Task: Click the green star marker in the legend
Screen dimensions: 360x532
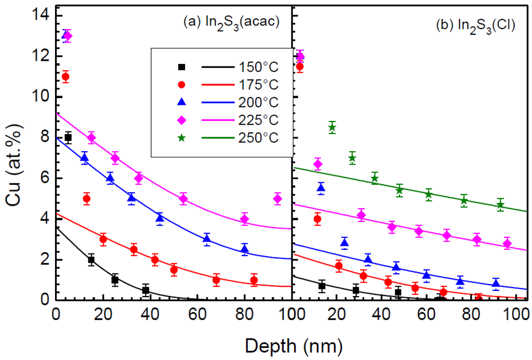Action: point(182,138)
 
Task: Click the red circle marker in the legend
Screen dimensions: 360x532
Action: point(182,85)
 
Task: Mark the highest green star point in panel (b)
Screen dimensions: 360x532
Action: point(332,127)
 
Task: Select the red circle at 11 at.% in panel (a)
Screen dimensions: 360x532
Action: point(65,77)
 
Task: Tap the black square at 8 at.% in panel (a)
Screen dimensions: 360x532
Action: point(68,138)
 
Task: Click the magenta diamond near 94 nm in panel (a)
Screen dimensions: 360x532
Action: point(277,198)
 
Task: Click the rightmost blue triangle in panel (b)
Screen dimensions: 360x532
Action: point(496,284)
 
